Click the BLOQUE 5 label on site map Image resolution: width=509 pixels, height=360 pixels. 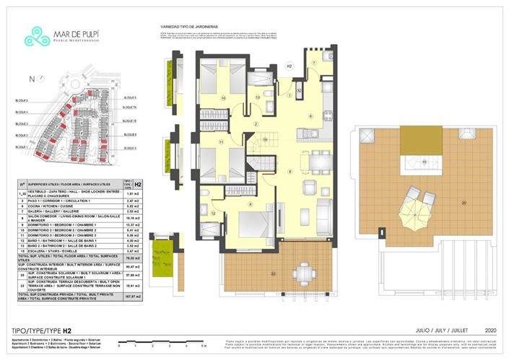click(22, 101)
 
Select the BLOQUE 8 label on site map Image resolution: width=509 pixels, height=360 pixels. click(130, 134)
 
